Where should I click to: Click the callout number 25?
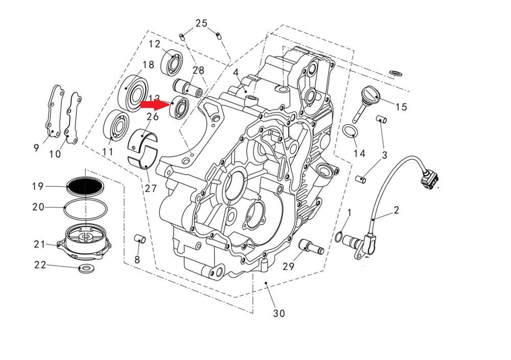(x=201, y=23)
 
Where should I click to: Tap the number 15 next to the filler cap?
(x=401, y=107)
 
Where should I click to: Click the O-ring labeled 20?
(x=86, y=208)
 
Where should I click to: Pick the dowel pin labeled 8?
(x=140, y=238)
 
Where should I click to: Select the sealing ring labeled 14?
(x=349, y=132)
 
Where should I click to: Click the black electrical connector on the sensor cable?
(x=429, y=179)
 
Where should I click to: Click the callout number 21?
(x=40, y=244)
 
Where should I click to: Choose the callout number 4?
(x=236, y=73)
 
